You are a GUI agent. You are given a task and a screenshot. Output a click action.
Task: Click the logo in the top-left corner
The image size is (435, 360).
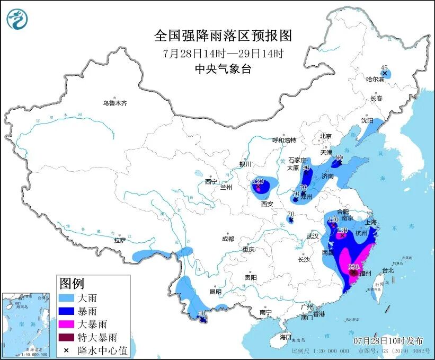[17, 20]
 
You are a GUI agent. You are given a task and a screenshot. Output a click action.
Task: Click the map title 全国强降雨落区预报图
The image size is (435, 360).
[223, 36]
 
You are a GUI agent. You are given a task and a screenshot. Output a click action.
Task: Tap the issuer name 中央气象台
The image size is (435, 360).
[223, 68]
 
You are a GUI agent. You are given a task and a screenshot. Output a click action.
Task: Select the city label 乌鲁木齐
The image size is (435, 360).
[115, 103]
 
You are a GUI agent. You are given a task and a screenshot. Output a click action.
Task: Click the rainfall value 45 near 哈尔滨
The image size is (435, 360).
[385, 67]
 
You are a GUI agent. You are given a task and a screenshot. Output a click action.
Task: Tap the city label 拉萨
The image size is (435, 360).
[119, 240]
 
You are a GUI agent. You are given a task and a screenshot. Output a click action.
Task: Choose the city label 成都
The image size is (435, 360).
[228, 239]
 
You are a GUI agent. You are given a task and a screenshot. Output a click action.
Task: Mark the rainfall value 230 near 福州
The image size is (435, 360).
[353, 267]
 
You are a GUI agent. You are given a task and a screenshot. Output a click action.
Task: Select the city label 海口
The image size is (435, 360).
[286, 337]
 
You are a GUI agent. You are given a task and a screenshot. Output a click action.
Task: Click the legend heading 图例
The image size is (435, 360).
[72, 284]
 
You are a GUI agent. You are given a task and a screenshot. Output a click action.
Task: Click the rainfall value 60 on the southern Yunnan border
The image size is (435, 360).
[201, 313]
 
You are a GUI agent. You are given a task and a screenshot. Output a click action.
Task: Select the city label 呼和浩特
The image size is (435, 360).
[284, 140]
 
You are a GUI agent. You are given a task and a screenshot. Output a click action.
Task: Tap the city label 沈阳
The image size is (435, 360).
[367, 120]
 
